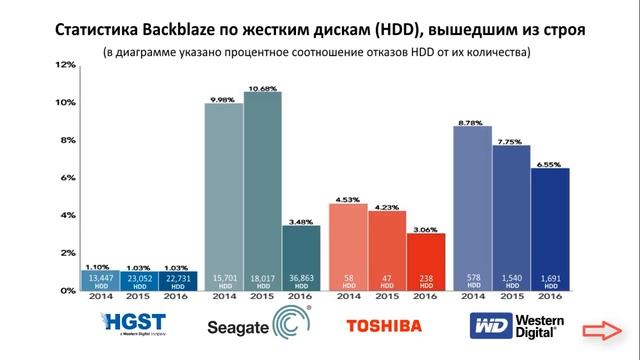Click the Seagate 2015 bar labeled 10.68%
click(x=262, y=190)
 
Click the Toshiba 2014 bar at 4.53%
click(x=347, y=246)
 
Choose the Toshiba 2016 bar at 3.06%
click(x=425, y=261)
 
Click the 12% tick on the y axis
click(x=65, y=65)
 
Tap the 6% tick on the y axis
click(x=65, y=178)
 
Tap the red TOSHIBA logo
click(x=386, y=326)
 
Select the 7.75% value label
click(x=510, y=142)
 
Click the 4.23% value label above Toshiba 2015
click(x=386, y=208)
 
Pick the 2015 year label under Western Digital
click(x=510, y=297)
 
